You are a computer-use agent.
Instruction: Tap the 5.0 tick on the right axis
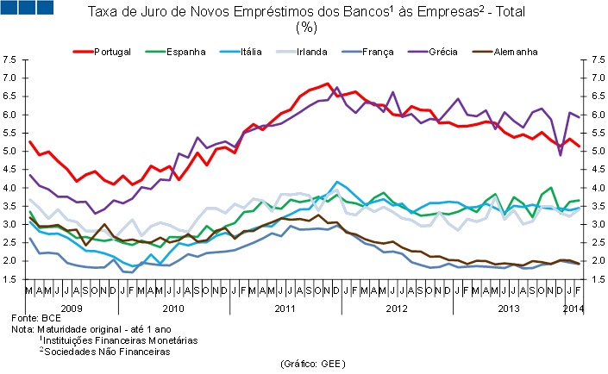click(594, 151)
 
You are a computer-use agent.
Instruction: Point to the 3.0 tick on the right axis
click(594, 224)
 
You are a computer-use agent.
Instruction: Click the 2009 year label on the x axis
click(71, 307)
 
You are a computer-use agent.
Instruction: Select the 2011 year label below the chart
click(282, 307)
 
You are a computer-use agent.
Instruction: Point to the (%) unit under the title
click(306, 28)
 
